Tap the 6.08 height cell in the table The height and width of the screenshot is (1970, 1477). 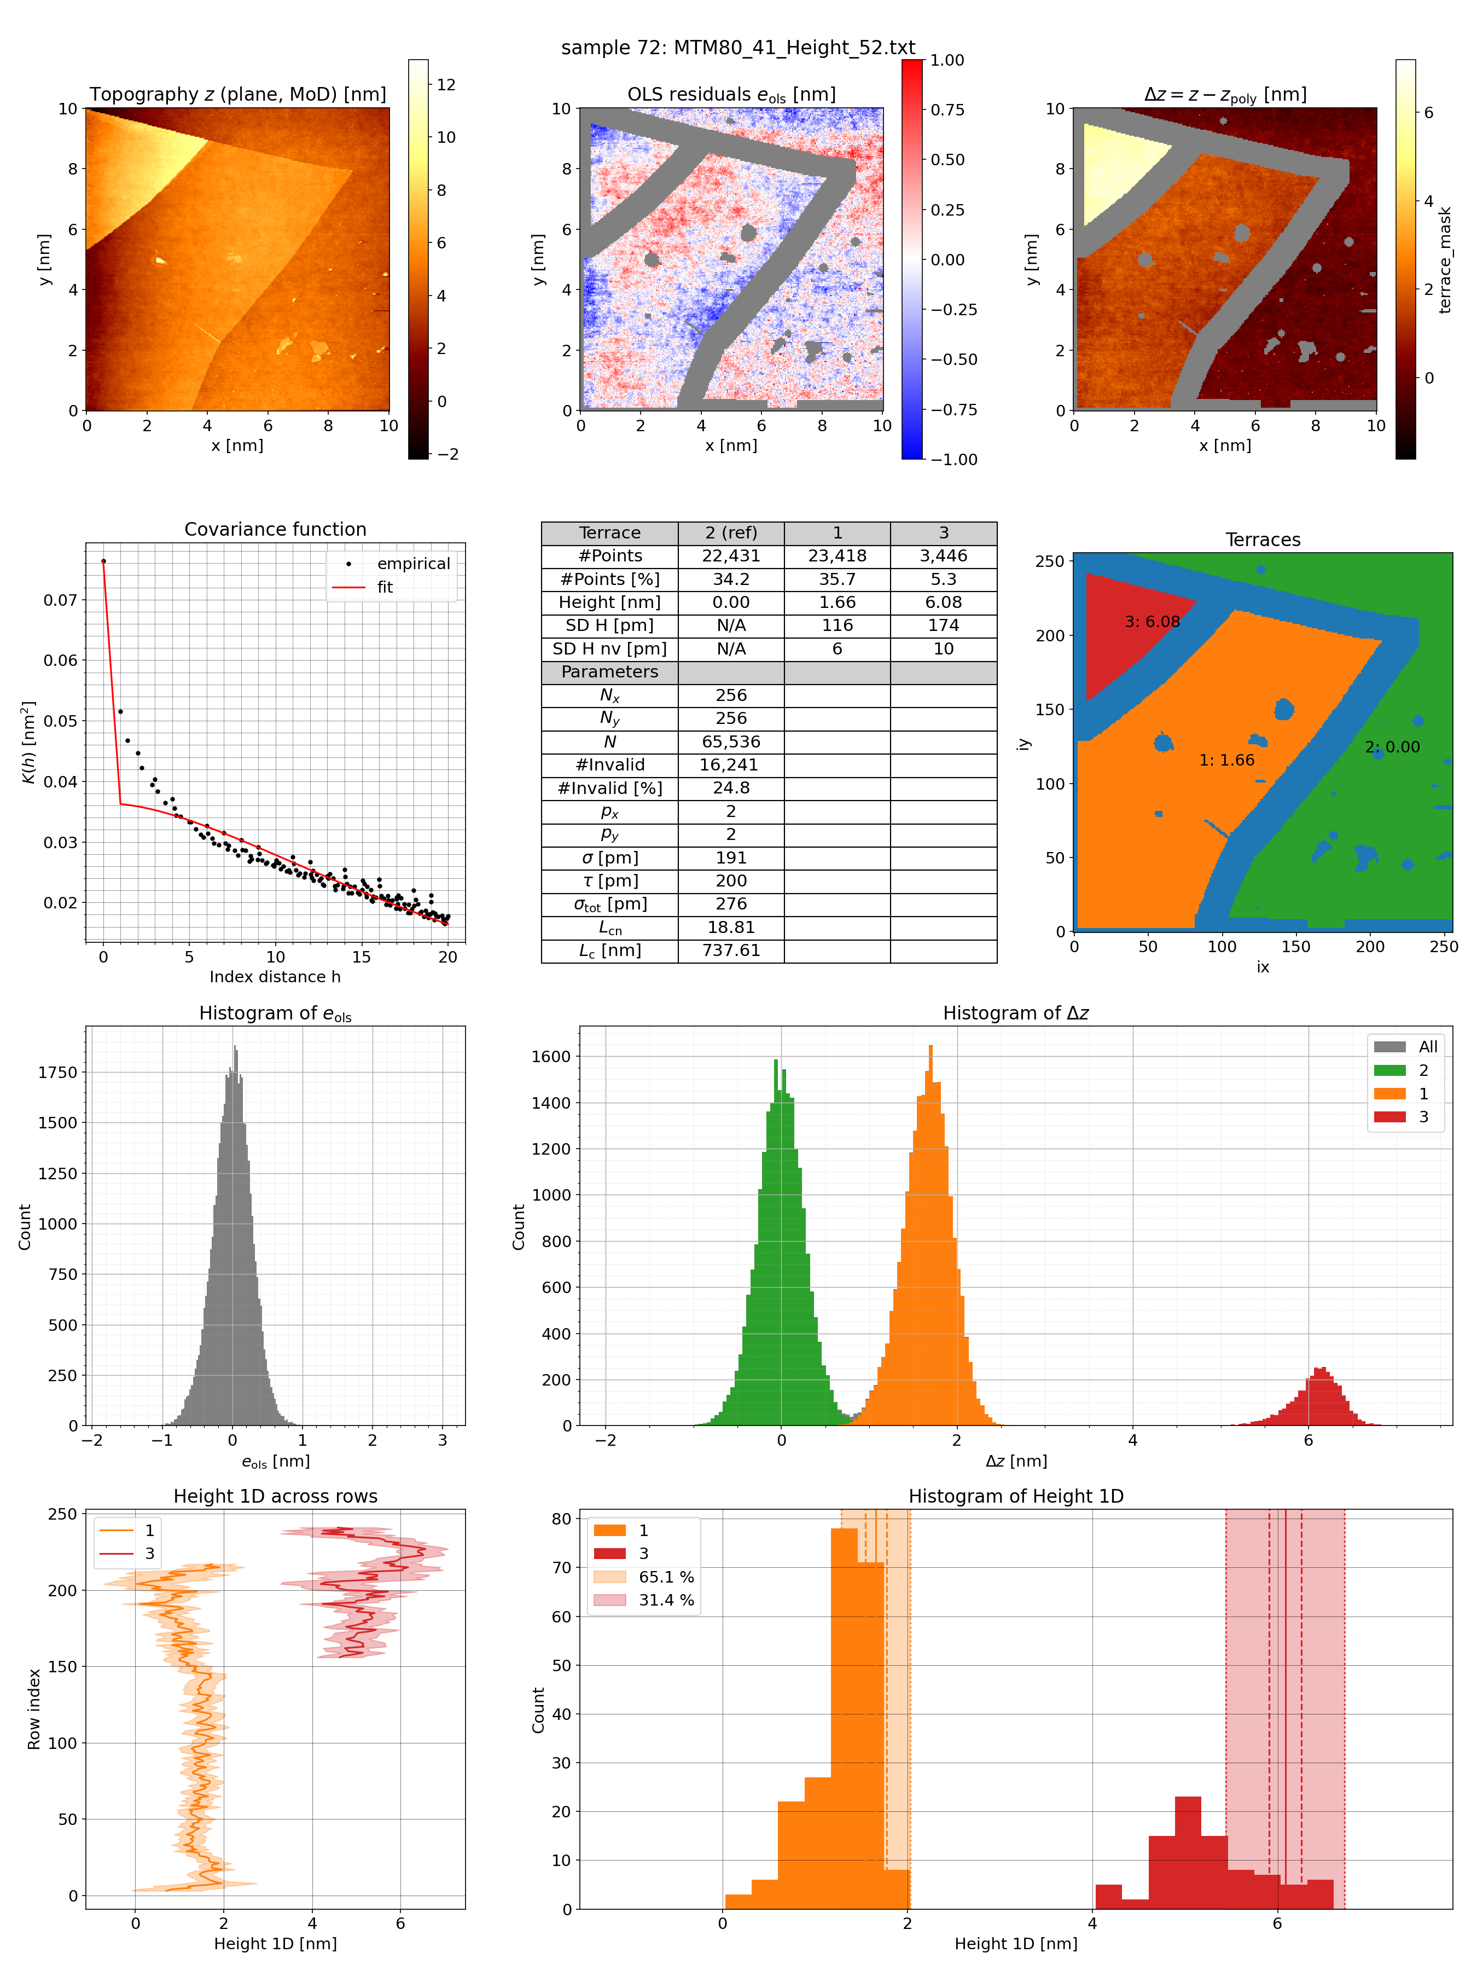[943, 602]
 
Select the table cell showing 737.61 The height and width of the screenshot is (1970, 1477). [730, 951]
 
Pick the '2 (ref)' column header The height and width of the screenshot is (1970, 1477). [730, 532]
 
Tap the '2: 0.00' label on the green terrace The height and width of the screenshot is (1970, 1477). [1392, 746]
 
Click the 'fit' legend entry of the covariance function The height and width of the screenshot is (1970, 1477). [385, 587]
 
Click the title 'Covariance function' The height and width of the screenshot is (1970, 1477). [275, 529]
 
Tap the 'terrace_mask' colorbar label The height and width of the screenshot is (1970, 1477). [1444, 260]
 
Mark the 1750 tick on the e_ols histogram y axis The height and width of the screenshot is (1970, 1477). [57, 1072]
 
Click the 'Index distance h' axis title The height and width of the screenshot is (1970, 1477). [275, 977]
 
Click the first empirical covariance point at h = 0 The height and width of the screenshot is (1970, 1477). [103, 561]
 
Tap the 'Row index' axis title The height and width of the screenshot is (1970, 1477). [34, 1709]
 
